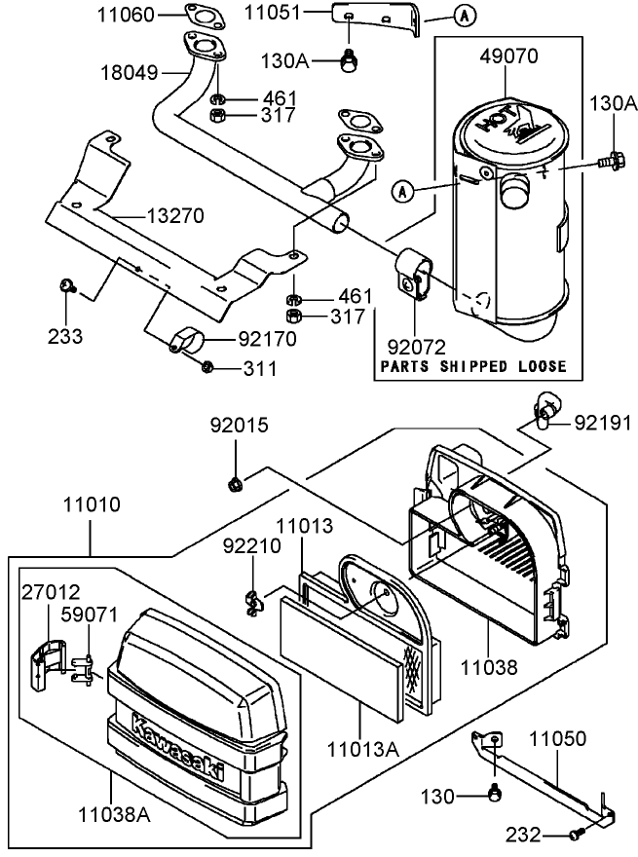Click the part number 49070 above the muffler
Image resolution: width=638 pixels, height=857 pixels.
508,56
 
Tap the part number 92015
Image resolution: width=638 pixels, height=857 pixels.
240,426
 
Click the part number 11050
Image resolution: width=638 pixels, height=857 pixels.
557,738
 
